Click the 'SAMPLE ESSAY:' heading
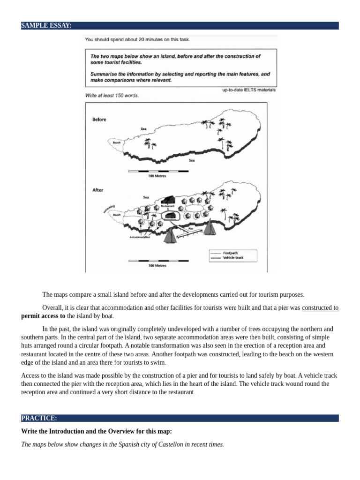click(x=46, y=26)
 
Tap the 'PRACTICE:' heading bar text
click(x=39, y=418)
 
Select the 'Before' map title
click(x=99, y=120)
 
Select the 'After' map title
click(x=97, y=190)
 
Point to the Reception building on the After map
click(x=170, y=215)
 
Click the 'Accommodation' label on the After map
click(x=140, y=238)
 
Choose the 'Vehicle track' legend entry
click(x=233, y=258)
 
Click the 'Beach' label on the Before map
click(x=123, y=143)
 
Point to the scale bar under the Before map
click(x=157, y=171)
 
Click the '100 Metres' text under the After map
click(x=157, y=266)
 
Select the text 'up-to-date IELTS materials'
click(x=248, y=90)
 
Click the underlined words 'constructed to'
click(x=320, y=308)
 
